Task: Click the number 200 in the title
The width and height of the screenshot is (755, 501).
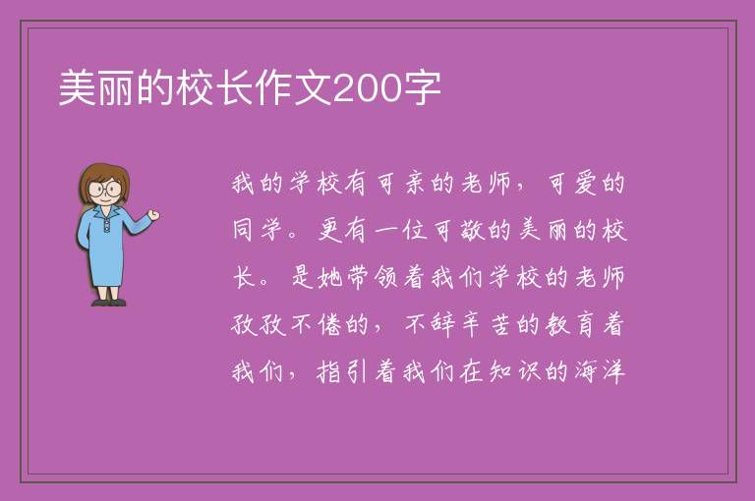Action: pos(368,88)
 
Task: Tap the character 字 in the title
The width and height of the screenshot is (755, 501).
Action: pos(422,88)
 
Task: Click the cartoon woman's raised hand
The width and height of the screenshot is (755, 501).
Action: pos(153,215)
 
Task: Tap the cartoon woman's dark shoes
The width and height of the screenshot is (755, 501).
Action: pos(109,303)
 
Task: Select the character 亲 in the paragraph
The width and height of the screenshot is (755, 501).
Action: pos(414,184)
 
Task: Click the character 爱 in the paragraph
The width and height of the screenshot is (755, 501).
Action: pos(585,184)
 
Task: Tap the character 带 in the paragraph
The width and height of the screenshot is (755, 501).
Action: pos(357,277)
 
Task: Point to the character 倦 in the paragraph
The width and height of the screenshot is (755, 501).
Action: pos(329,324)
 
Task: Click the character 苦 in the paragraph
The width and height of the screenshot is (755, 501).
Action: pos(499,324)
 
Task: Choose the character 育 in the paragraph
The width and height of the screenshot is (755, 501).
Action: pos(585,324)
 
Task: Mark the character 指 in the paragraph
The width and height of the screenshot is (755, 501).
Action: pos(329,371)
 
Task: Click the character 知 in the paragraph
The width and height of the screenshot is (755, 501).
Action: pos(499,371)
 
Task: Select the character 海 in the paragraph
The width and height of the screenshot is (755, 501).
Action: pos(585,371)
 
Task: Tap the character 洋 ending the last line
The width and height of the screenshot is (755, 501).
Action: pos(613,371)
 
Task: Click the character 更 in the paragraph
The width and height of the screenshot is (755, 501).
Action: pos(329,230)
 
